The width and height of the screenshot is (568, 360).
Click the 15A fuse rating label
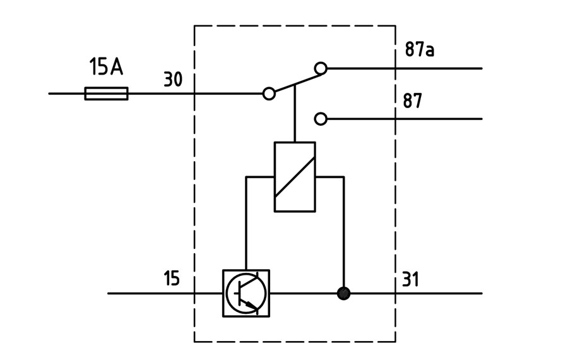(106, 67)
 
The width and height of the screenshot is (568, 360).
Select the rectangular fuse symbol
(106, 93)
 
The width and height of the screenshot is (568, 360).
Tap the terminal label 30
(173, 80)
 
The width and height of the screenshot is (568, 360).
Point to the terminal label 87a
(420, 49)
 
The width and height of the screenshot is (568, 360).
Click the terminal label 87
(413, 101)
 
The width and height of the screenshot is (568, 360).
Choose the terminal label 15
(171, 278)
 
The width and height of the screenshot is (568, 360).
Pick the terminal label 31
(410, 280)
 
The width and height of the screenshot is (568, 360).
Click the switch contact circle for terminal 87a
(321, 68)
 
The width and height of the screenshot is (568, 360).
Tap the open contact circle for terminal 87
(321, 119)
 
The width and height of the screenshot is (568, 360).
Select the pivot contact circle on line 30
(269, 93)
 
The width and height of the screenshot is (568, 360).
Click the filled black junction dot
(343, 293)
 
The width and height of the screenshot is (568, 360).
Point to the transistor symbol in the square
(246, 293)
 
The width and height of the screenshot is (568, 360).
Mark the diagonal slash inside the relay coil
(295, 177)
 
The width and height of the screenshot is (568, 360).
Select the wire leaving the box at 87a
(405, 68)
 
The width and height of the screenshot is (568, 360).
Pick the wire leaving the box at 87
(405, 119)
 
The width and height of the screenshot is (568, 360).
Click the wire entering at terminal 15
(165, 293)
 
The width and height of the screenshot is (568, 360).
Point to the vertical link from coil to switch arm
(295, 113)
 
